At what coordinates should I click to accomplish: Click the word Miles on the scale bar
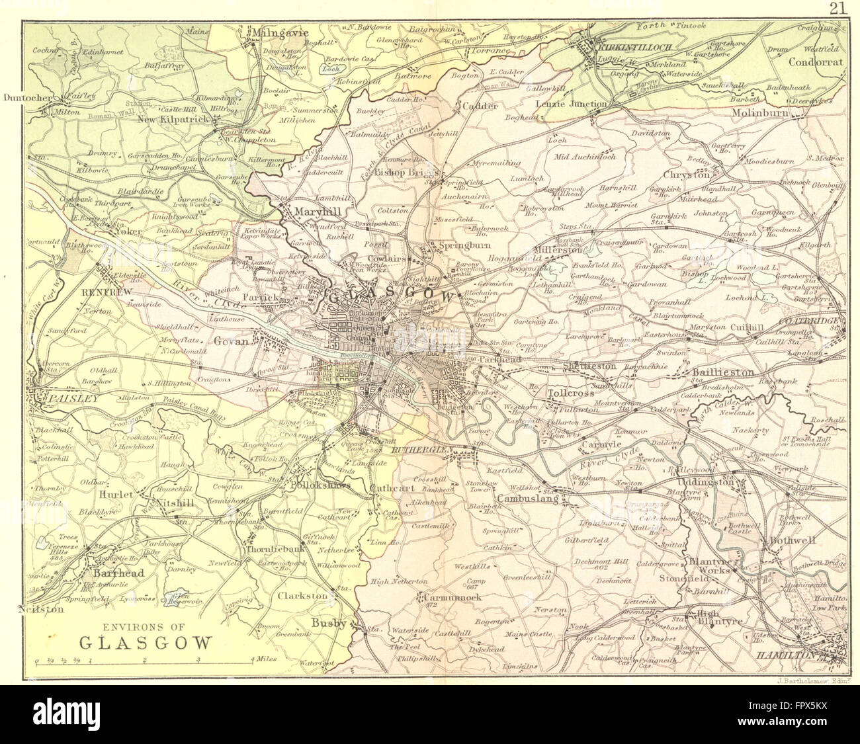[x=265, y=660]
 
